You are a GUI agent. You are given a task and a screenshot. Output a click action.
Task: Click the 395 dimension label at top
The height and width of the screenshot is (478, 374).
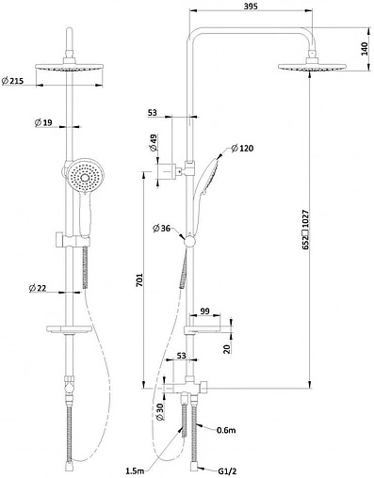(251, 6)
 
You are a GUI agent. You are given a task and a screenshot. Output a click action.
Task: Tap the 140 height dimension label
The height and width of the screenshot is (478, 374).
(365, 49)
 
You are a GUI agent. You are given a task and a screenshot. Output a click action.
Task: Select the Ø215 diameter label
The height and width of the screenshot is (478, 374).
(13, 81)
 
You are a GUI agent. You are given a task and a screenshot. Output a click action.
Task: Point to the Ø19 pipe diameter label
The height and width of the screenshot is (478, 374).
(43, 122)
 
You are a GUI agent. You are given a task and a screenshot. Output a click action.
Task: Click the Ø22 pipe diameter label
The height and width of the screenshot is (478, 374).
(38, 288)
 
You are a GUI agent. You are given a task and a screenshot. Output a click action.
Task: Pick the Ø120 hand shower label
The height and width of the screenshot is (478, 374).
(242, 148)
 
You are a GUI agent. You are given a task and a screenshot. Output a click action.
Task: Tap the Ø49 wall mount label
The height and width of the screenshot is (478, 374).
(154, 143)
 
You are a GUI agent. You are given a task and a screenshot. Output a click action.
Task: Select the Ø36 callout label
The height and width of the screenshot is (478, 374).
(161, 229)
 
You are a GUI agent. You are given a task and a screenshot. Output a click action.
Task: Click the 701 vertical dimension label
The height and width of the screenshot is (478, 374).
(139, 279)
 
